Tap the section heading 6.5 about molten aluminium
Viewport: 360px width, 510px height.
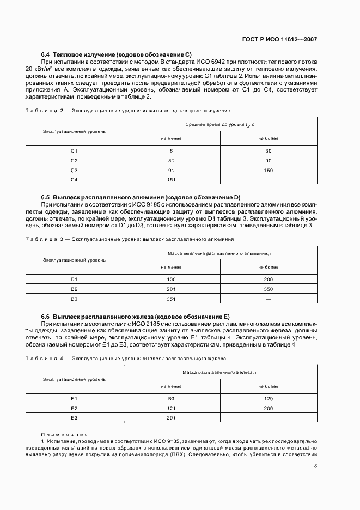[x=141, y=197]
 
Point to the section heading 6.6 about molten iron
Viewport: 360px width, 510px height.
[x=136, y=317]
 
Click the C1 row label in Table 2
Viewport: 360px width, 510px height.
[x=75, y=150]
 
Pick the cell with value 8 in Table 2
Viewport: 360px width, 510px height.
[x=171, y=150]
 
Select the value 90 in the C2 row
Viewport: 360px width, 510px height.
[x=268, y=160]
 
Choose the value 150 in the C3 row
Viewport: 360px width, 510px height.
[x=268, y=170]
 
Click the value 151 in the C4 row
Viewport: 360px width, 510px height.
[x=171, y=179]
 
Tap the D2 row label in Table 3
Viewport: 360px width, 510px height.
[x=75, y=289]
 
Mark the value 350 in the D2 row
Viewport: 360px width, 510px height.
[x=268, y=289]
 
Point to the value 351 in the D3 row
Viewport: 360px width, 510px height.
[x=171, y=299]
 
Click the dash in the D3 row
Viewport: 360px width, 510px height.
[x=268, y=299]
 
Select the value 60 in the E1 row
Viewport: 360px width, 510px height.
[x=171, y=399]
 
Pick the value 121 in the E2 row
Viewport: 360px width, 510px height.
[x=171, y=408]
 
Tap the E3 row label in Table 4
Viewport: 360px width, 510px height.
[x=75, y=417]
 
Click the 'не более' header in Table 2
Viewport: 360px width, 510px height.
[x=268, y=139]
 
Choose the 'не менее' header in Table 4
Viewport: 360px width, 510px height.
[x=171, y=386]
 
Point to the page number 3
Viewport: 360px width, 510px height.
[x=316, y=465]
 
